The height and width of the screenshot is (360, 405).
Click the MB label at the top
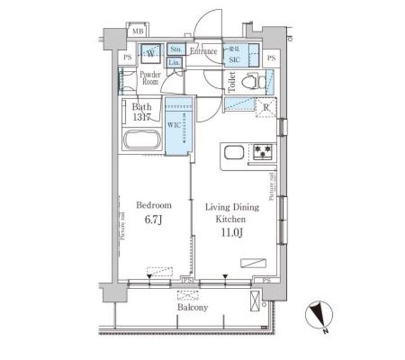tap(137, 31)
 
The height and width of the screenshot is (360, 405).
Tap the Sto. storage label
tap(176, 49)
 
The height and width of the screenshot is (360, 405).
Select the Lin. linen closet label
tap(175, 62)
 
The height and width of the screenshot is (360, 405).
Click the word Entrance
tap(204, 51)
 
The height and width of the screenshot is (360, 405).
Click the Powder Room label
tap(150, 78)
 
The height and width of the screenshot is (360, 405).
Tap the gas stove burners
tap(263, 152)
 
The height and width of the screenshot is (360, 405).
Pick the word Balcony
tap(192, 307)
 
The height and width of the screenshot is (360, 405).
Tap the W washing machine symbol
tap(151, 53)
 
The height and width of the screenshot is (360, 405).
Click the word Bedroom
tap(153, 206)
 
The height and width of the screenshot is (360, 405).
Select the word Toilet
tap(232, 82)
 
